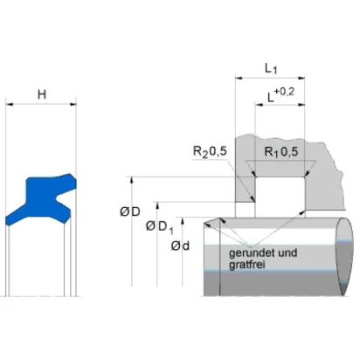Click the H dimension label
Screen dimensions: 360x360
coord(42,94)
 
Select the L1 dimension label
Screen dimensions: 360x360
coord(271,69)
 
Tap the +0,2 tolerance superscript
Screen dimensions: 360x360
coord(284,92)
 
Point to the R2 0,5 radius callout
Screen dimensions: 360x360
coord(210,151)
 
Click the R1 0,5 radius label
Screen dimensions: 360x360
coord(281,151)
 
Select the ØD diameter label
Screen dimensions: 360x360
coord(130,211)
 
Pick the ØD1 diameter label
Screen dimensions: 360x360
coord(160,226)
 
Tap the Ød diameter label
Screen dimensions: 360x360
coord(180,246)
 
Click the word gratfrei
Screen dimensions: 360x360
coord(247,265)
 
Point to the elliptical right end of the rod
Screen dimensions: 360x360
coord(344,256)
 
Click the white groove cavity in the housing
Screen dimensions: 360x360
coord(280,197)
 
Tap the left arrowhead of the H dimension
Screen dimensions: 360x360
coord(10,104)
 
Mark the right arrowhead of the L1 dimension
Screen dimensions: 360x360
coord(301,78)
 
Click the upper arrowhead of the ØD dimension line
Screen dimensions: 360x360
coord(132,180)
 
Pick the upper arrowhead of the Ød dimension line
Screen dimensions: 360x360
coord(183,221)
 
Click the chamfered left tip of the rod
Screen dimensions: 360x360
coord(204,224)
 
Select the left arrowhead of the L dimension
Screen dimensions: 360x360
coord(259,104)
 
